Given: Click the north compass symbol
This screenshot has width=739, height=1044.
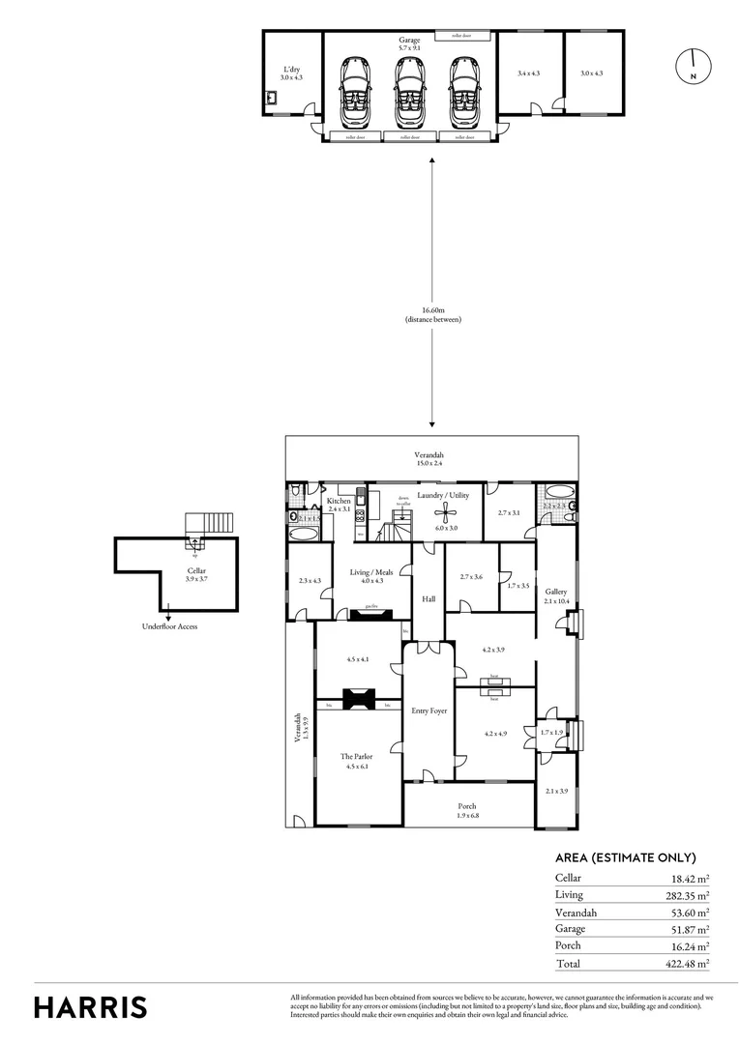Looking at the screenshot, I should click(693, 65).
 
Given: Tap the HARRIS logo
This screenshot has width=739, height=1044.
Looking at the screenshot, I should click(91, 1006).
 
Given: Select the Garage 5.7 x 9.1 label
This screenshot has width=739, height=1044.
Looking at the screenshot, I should click(409, 45).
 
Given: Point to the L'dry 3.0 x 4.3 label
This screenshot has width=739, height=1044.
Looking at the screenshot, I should click(291, 72).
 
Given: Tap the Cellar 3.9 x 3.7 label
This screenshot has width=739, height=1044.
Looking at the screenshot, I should click(195, 575).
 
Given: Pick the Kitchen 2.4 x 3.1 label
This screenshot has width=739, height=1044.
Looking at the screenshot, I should click(339, 505).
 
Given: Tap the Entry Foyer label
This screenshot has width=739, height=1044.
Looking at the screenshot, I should click(429, 710).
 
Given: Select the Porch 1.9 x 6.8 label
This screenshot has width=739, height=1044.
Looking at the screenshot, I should click(467, 810).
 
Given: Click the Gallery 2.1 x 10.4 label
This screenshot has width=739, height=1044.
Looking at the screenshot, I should click(555, 595).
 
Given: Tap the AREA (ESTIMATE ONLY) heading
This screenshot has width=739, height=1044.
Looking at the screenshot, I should click(625, 857).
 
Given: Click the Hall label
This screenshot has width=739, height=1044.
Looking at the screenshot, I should click(429, 599).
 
